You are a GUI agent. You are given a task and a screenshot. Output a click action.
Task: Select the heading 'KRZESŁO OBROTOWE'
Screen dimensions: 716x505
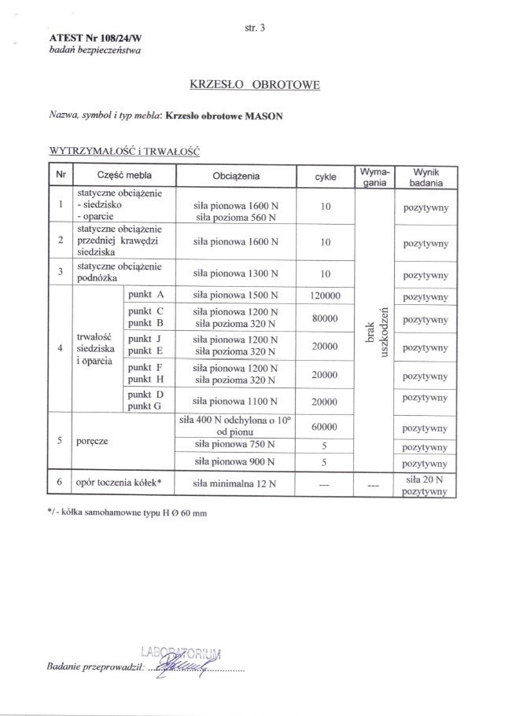coord(255,84)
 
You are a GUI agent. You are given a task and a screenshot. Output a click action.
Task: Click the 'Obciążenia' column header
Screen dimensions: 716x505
coord(236,176)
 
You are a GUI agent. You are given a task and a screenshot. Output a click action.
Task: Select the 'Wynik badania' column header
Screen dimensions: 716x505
coord(426,176)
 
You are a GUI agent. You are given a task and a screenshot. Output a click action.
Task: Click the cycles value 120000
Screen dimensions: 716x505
coord(325,296)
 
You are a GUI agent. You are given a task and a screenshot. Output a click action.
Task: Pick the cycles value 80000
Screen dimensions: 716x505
coord(325,318)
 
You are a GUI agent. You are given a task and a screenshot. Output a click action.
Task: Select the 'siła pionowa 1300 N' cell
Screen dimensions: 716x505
coord(236,274)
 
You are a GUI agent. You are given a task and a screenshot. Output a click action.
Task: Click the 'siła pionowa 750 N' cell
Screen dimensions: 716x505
coord(236,445)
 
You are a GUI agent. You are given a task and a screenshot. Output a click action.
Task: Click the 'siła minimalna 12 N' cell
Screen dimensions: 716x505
coord(236,483)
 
